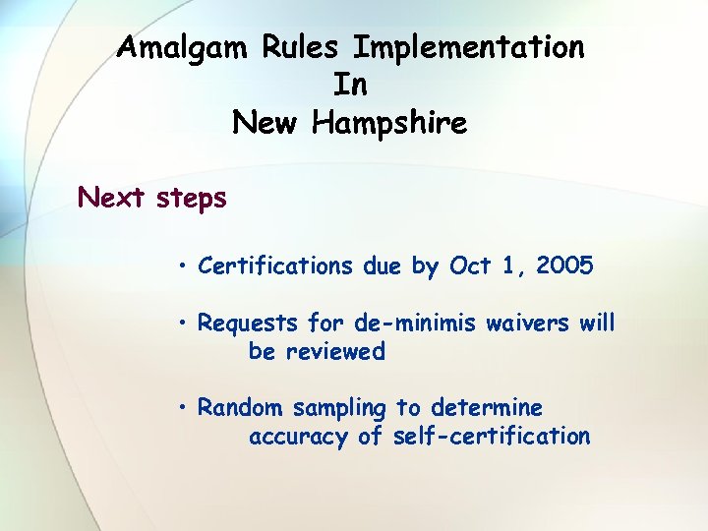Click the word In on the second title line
(x=350, y=85)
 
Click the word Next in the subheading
(x=112, y=198)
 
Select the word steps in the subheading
(x=191, y=200)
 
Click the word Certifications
(x=273, y=265)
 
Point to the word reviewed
(x=317, y=351)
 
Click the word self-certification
(x=492, y=436)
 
